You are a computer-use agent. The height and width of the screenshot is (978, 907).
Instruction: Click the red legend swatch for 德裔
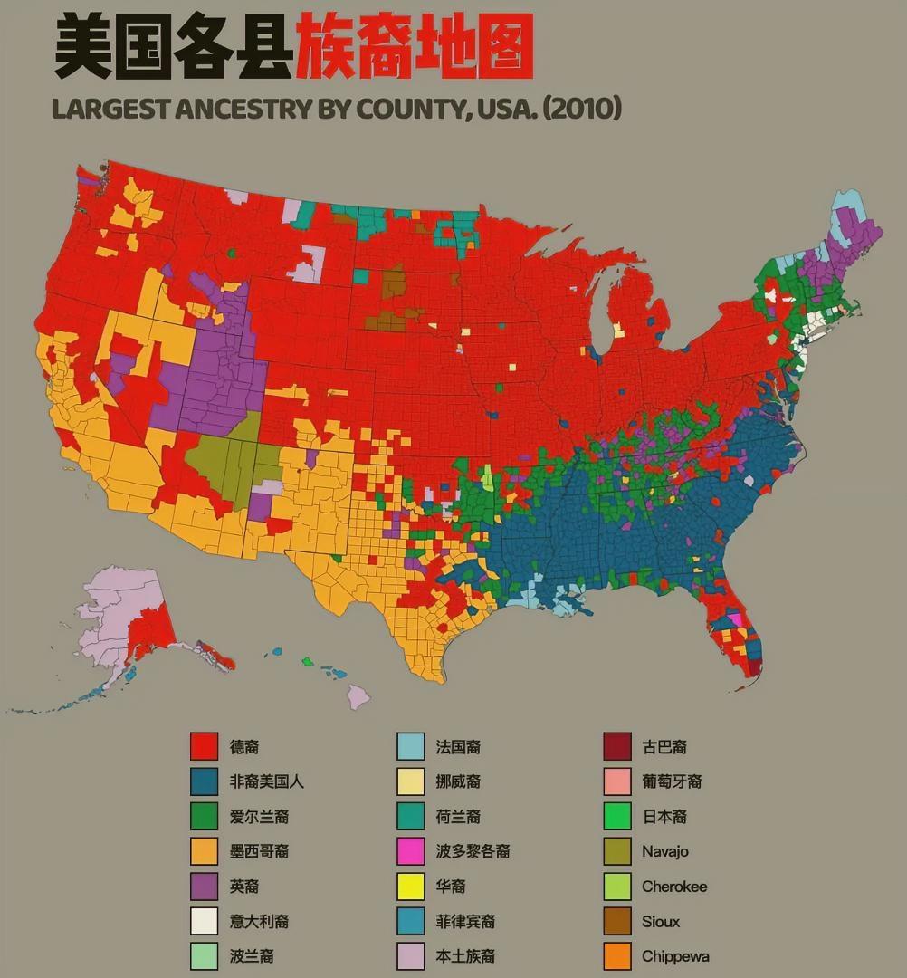tap(204, 746)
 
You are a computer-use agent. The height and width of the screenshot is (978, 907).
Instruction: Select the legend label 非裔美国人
tap(266, 781)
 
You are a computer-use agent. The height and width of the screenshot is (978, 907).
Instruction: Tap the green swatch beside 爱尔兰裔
tap(204, 816)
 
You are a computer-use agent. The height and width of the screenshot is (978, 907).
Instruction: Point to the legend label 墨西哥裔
tap(259, 851)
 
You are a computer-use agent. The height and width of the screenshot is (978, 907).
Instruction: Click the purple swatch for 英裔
tap(204, 887)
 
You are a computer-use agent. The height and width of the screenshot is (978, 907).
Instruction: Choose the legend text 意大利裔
tap(259, 922)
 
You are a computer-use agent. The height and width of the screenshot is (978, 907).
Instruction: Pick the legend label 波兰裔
tap(252, 956)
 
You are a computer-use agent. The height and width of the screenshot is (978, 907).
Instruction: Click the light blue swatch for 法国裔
tap(411, 746)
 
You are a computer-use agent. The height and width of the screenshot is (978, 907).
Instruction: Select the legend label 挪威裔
tap(458, 781)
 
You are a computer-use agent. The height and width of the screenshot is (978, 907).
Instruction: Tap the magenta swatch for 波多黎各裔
tap(411, 851)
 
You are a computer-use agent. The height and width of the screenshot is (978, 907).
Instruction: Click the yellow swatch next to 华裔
tap(411, 887)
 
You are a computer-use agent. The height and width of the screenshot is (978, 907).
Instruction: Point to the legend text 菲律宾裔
tap(465, 922)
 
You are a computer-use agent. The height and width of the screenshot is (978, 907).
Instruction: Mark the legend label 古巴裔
tap(664, 747)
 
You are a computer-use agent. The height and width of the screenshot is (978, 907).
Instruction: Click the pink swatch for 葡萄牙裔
tap(617, 781)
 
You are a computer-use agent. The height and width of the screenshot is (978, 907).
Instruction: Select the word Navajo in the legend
tap(665, 851)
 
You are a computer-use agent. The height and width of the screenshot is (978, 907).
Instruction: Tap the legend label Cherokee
tap(674, 887)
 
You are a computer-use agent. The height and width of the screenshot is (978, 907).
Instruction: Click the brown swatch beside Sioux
tap(617, 922)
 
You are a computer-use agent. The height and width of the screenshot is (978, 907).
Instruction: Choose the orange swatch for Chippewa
tap(617, 956)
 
